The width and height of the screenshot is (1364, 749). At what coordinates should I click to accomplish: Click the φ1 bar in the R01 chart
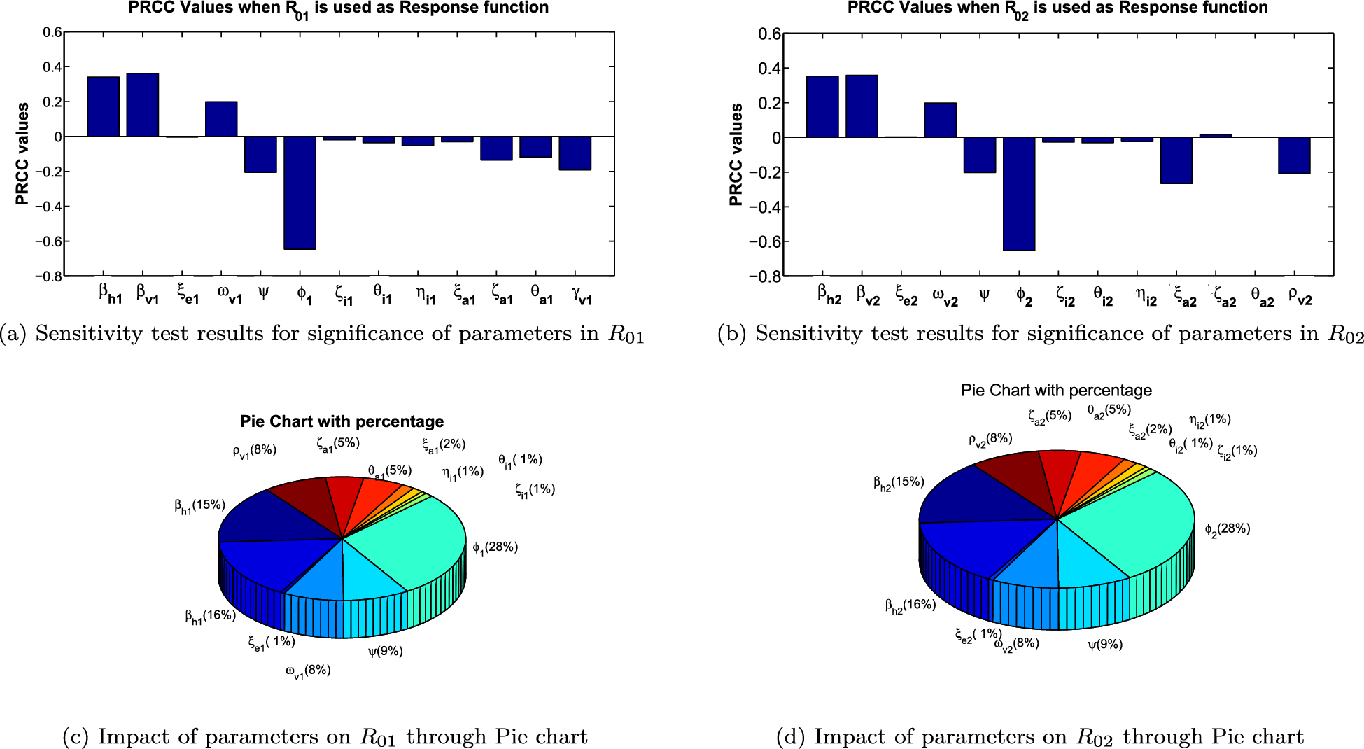[300, 192]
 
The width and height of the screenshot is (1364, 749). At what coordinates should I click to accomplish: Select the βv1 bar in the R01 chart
[142, 105]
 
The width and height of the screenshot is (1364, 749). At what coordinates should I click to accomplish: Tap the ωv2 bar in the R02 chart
[940, 120]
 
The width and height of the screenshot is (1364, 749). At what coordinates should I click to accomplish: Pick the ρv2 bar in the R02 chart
[1293, 155]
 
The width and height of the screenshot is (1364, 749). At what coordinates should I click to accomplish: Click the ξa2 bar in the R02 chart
[1176, 160]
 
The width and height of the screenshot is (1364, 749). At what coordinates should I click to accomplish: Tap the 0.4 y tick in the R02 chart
[769, 69]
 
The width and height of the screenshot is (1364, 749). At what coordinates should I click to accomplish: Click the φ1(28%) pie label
[495, 547]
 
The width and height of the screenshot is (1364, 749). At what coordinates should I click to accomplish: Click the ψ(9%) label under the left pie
[386, 652]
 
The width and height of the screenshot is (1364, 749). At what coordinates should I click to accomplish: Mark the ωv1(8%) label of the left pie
[308, 671]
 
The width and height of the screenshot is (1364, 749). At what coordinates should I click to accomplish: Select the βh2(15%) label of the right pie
[899, 483]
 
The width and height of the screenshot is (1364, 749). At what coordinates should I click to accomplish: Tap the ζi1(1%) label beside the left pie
[535, 490]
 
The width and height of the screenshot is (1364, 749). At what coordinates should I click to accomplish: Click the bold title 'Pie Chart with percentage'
[342, 421]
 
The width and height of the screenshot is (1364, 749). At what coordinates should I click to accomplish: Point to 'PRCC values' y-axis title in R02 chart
[736, 155]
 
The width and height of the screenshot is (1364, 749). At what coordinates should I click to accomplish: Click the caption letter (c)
[75, 736]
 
